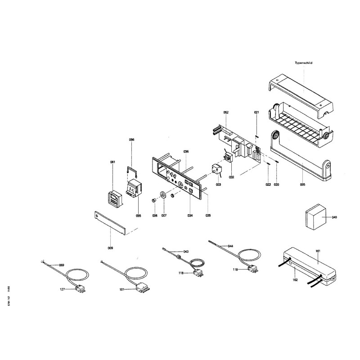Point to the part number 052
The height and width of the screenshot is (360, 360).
(x=226, y=112)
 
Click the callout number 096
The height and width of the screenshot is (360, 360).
(x=131, y=140)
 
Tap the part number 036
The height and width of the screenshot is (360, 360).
(x=186, y=151)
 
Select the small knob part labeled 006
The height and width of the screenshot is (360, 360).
(x=155, y=199)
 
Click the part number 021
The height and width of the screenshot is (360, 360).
(x=256, y=112)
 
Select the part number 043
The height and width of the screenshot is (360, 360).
(x=185, y=251)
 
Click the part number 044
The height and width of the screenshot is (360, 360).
(x=230, y=246)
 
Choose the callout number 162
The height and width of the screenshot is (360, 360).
(x=295, y=280)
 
